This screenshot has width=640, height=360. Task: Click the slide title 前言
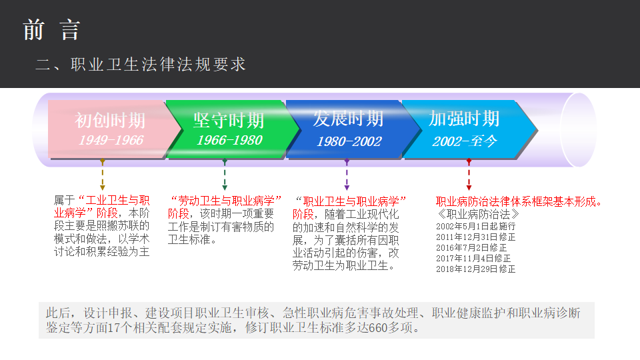[51, 30]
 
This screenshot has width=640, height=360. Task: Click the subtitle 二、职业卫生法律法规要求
[141, 65]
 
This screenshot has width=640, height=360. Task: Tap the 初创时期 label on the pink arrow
[110, 121]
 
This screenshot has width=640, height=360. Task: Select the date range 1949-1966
[111, 140]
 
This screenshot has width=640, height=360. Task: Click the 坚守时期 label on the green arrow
[229, 121]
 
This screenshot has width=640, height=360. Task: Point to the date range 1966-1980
[229, 140]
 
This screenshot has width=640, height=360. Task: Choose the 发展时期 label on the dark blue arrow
[348, 119]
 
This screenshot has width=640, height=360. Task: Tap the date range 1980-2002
[349, 141]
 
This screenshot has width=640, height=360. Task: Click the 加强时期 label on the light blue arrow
[464, 119]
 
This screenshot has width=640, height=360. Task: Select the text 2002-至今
[465, 141]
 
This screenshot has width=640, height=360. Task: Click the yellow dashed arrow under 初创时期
[103, 175]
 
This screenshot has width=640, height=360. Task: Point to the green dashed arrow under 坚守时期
[225, 175]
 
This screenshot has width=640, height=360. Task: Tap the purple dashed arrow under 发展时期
[347, 175]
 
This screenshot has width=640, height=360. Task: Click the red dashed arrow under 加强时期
[469, 175]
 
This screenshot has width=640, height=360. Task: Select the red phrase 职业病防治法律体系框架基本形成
[516, 201]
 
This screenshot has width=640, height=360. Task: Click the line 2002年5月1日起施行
[475, 226]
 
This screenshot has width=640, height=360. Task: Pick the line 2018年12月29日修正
[475, 269]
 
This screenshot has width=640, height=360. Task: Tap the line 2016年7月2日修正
[471, 248]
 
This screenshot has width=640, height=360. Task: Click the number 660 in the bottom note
[378, 328]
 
